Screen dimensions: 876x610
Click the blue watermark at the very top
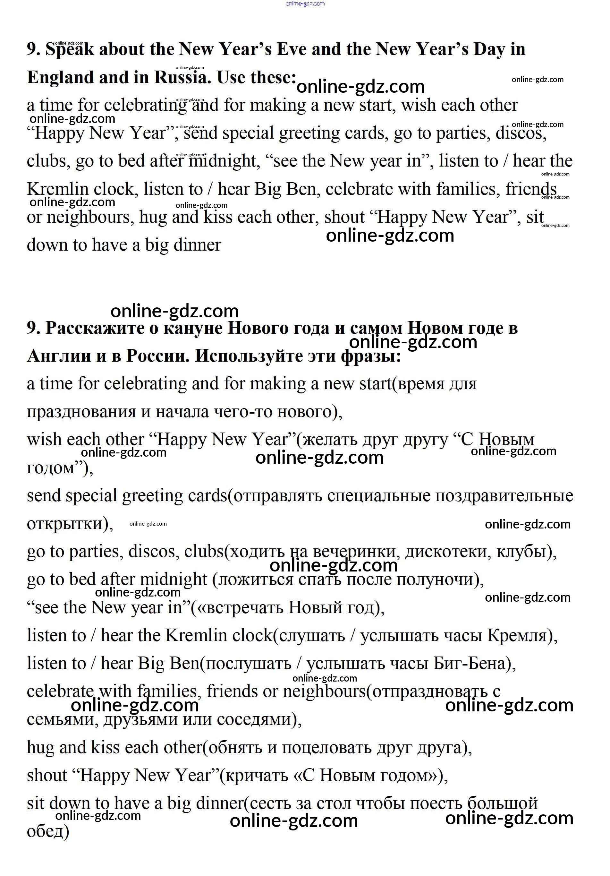coord(305,4)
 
